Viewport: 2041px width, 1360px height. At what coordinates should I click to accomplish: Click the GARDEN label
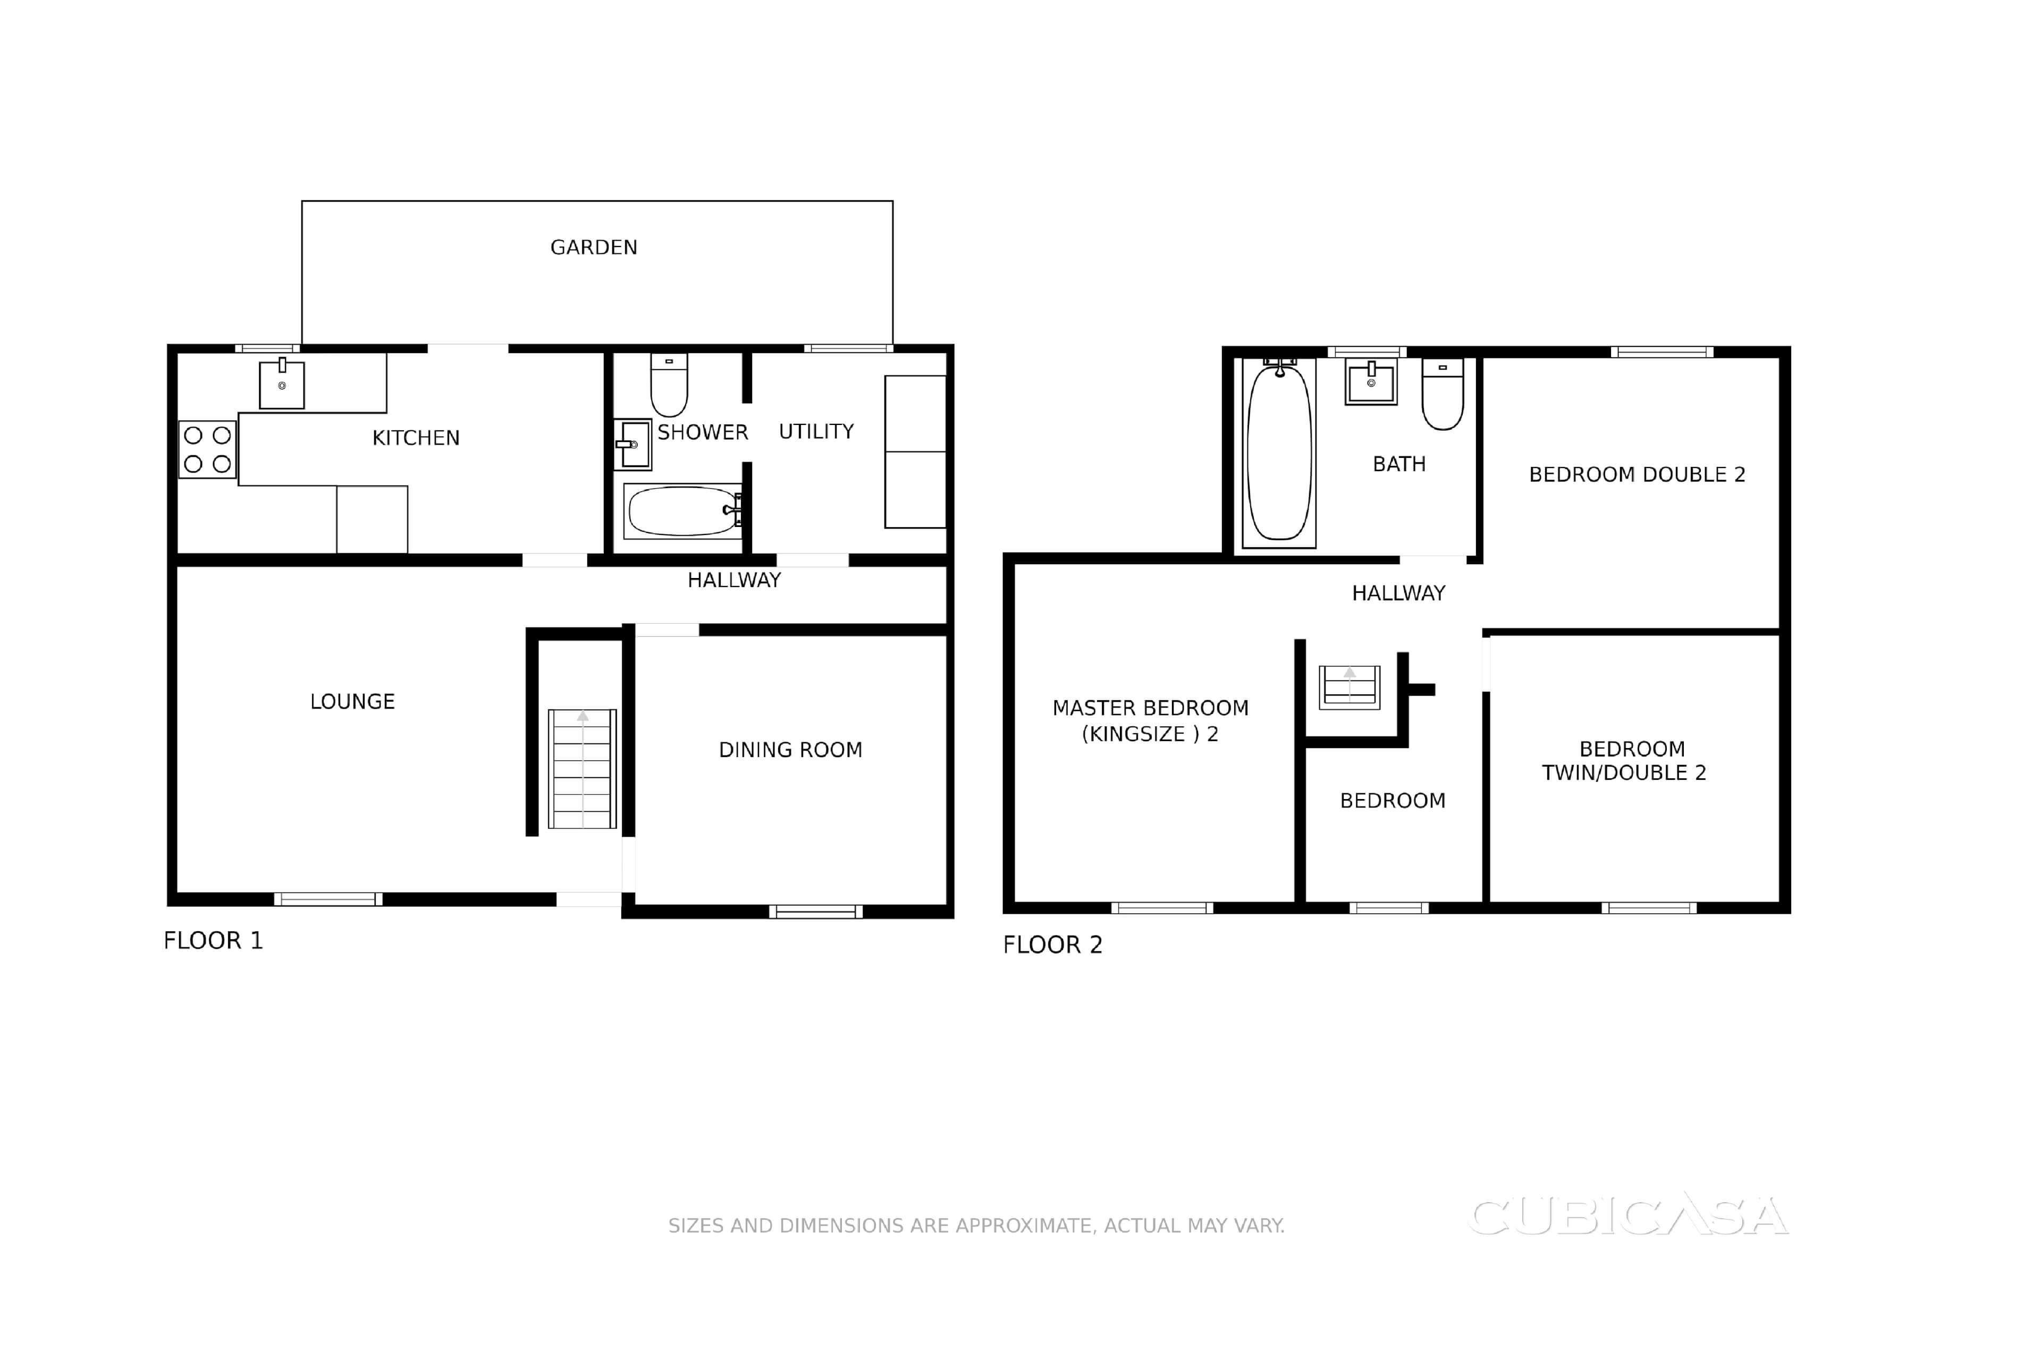pos(594,247)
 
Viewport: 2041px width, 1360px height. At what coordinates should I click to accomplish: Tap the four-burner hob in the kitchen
pos(207,449)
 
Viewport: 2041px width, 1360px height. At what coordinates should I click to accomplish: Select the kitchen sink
pos(282,384)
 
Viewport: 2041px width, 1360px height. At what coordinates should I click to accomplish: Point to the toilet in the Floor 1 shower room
pos(669,384)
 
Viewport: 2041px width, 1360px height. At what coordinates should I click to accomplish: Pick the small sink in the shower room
pos(632,444)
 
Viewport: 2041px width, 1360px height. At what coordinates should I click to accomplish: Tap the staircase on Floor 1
pos(583,769)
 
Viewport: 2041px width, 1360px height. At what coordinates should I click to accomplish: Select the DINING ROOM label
pos(790,750)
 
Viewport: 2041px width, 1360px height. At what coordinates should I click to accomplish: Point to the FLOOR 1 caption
pos(214,940)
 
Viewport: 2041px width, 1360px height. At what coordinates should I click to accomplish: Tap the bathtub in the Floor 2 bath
pos(1279,452)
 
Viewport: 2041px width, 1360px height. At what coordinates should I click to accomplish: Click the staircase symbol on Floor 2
pos(1350,687)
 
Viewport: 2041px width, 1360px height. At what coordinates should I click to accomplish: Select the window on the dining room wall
pos(816,912)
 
